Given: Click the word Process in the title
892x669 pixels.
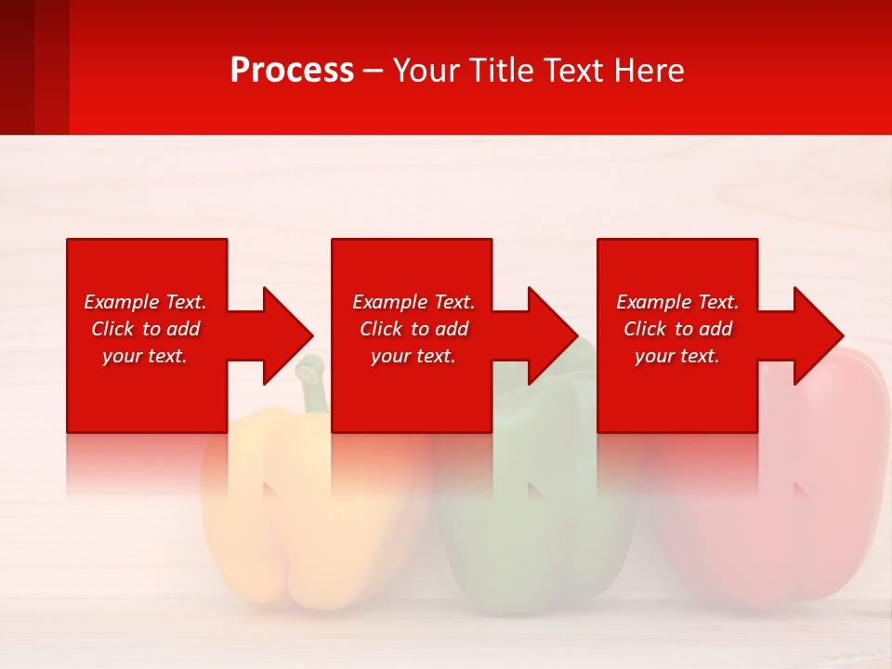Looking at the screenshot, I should tap(292, 71).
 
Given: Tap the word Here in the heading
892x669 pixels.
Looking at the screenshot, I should tap(646, 71).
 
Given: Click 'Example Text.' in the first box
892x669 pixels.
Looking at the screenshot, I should tap(145, 302).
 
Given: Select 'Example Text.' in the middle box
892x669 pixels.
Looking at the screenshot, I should tap(413, 302).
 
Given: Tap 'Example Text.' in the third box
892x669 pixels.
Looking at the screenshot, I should tap(677, 302).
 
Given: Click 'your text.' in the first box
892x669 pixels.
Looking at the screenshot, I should tap(145, 356).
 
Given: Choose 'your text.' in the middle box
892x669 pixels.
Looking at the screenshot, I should tap(413, 356).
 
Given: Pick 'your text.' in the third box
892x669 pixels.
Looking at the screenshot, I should tap(677, 356).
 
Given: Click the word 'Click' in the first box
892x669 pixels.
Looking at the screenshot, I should tap(112, 329).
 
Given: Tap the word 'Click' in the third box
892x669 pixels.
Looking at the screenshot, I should tap(645, 329).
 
